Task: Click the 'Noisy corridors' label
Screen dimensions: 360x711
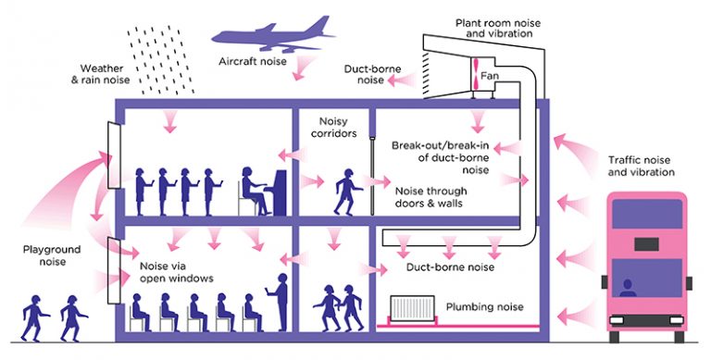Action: tap(333, 126)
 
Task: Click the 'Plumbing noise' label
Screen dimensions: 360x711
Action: tap(484, 306)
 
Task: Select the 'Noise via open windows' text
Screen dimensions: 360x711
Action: tap(176, 270)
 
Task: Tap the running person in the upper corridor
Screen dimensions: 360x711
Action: tap(346, 191)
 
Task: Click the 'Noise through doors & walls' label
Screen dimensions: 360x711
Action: tap(428, 197)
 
